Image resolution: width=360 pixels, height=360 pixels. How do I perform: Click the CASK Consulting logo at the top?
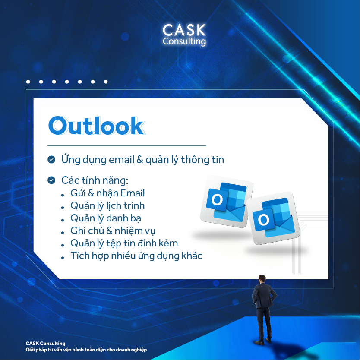[184, 35]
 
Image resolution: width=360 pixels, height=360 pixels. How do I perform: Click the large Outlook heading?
[97, 126]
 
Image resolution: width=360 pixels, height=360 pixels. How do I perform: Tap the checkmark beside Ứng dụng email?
[51, 160]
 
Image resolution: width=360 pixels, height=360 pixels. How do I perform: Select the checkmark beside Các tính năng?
[51, 180]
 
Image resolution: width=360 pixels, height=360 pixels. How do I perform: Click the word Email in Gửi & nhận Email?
[133, 193]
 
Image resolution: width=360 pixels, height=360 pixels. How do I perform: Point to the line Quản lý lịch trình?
[107, 206]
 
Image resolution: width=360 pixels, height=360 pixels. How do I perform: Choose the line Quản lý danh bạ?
[106, 218]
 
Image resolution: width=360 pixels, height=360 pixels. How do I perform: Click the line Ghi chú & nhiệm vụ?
[113, 231]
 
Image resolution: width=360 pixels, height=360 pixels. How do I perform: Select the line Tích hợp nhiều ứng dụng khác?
[136, 256]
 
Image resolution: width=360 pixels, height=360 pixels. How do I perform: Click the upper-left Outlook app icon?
[226, 202]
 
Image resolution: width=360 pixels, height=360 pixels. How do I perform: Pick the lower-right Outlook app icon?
[273, 218]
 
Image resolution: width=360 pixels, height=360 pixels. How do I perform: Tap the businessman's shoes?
[262, 341]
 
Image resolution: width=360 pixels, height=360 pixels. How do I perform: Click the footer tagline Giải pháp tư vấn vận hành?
[86, 350]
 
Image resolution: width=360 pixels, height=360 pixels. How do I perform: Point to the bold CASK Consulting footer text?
[45, 344]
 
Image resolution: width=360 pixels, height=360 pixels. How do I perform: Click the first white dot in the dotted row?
[28, 82]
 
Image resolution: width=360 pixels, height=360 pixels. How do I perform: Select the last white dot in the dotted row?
[106, 82]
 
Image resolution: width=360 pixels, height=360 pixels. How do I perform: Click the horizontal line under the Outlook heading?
[127, 145]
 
